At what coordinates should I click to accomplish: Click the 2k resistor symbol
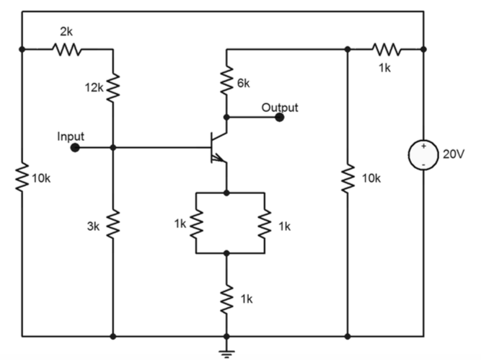click(x=67, y=50)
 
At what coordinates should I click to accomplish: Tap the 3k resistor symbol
click(x=113, y=225)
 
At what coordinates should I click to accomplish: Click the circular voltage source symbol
click(x=423, y=155)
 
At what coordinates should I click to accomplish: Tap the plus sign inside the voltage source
click(x=423, y=147)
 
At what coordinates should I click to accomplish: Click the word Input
click(x=71, y=136)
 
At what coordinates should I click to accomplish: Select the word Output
click(x=280, y=107)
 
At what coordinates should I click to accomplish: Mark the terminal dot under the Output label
click(x=280, y=117)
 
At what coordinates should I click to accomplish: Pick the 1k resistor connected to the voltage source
click(x=386, y=50)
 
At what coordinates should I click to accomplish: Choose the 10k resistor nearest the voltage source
click(x=348, y=177)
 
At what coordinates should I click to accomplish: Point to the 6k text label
click(x=243, y=83)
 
